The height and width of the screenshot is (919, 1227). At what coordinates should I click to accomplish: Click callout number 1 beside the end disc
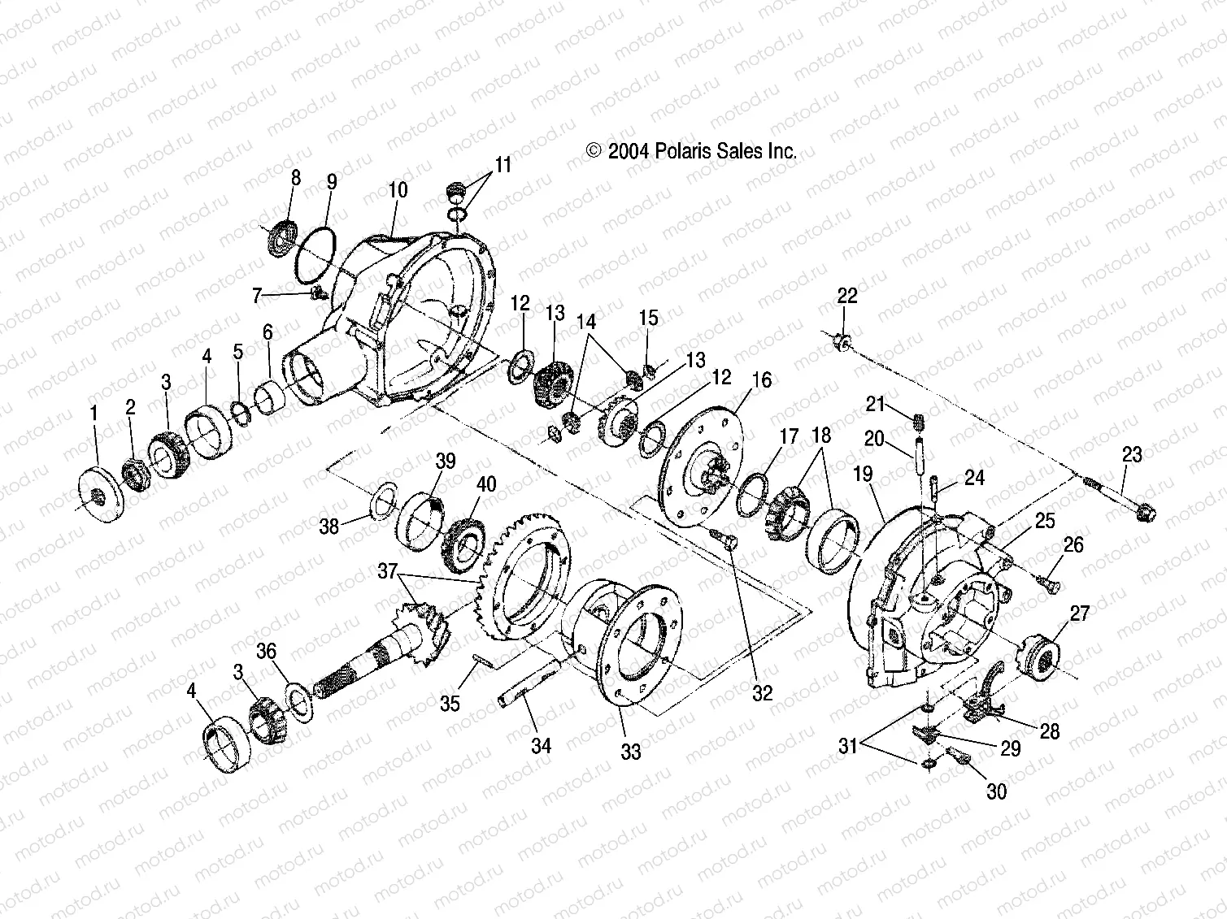click(94, 414)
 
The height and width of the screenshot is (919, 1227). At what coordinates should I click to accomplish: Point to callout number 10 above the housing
click(398, 191)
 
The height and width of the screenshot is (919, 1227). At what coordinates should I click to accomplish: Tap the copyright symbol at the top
click(593, 151)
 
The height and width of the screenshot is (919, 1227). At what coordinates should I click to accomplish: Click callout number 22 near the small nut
click(846, 295)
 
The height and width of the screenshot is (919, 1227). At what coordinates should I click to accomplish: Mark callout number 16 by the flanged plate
click(761, 379)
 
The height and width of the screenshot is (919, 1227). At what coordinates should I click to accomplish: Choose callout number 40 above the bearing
click(485, 485)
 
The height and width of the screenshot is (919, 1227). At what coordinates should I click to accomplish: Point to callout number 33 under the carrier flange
click(631, 752)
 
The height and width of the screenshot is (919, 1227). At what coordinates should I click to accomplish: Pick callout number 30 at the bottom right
click(996, 790)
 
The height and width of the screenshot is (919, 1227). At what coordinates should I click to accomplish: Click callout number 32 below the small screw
click(762, 692)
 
